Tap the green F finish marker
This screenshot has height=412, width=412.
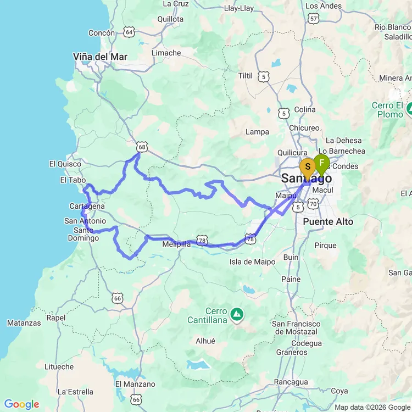click(x=321, y=164)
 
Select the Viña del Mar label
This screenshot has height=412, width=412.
click(x=100, y=57)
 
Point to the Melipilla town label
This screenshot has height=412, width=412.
click(x=177, y=244)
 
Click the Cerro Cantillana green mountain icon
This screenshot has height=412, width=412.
click(x=237, y=314)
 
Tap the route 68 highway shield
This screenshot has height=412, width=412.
click(x=142, y=147)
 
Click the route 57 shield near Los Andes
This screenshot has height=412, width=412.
click(x=314, y=18)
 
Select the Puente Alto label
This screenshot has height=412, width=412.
click(x=328, y=221)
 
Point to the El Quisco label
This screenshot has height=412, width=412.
click(x=65, y=164)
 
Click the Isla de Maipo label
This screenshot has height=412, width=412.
click(x=253, y=262)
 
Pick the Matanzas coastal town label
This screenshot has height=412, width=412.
click(x=24, y=323)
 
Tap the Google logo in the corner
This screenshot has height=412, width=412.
click(x=21, y=405)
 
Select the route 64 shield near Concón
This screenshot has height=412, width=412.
click(x=129, y=32)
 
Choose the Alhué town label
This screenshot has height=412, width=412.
click(x=205, y=341)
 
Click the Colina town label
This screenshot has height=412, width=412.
click(x=305, y=109)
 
